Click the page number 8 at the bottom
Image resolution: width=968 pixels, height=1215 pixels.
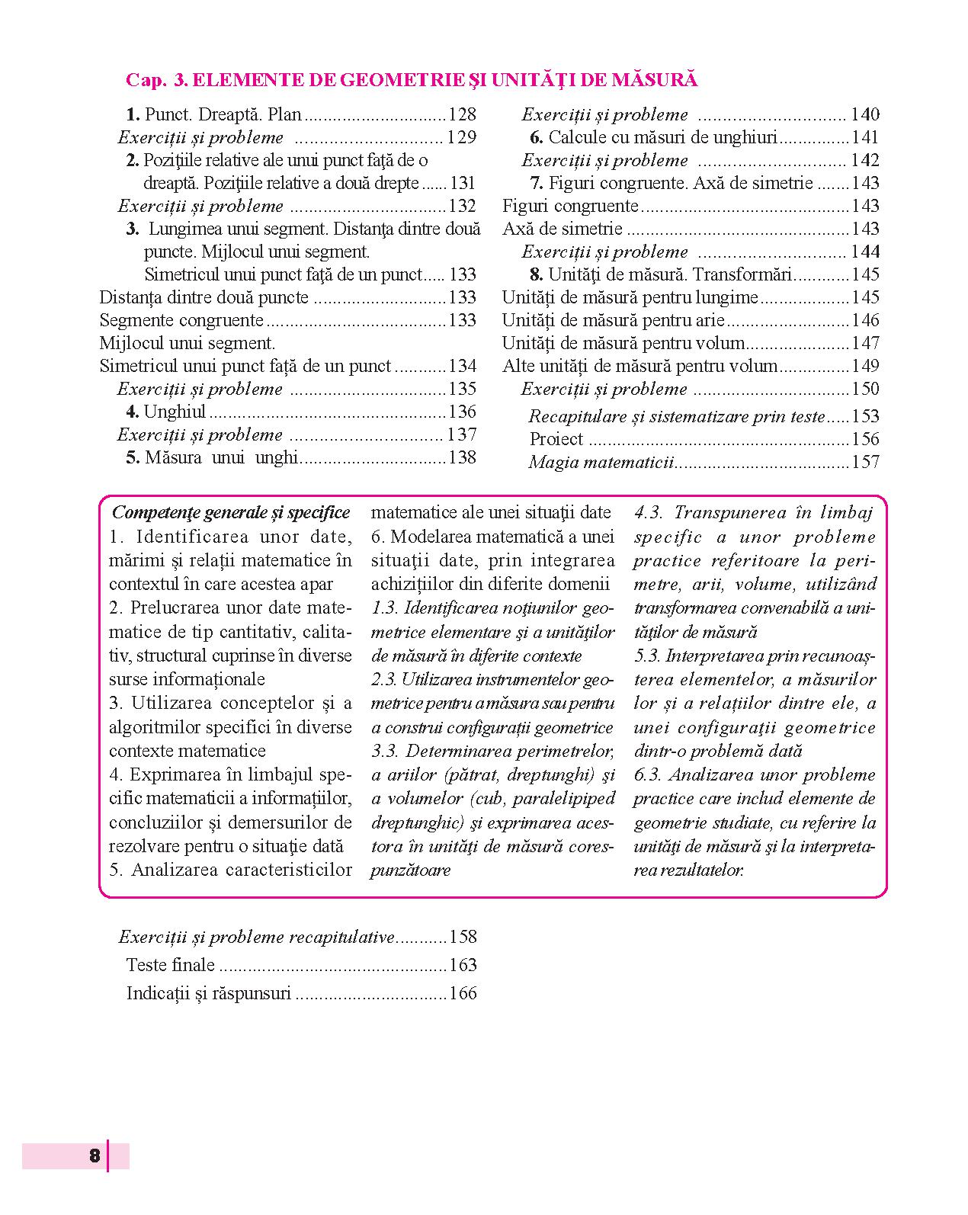[x=95, y=1156]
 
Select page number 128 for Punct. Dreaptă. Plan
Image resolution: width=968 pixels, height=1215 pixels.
[x=463, y=115]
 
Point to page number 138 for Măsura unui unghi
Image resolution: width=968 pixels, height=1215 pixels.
[x=463, y=458]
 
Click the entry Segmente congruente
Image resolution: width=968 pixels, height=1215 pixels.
[x=181, y=321]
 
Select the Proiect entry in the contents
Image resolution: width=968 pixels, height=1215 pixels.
[x=556, y=440]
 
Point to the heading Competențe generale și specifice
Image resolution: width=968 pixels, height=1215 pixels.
[x=231, y=513]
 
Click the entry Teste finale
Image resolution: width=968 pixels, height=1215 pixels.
[x=171, y=966]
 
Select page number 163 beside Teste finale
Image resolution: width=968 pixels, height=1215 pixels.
[x=463, y=966]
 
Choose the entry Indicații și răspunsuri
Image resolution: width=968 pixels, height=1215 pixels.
[x=209, y=994]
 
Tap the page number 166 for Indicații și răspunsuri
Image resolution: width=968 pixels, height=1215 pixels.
[x=463, y=994]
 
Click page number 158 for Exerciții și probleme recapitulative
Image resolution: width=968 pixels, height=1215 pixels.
[x=463, y=938]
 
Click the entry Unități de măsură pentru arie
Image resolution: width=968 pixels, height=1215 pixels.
[x=613, y=321]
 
